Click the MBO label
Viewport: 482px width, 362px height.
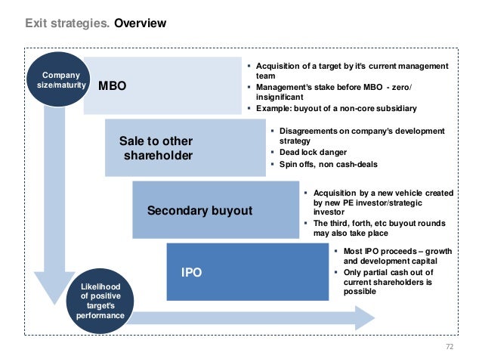[113, 86]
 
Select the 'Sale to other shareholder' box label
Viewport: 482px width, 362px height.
[157, 148]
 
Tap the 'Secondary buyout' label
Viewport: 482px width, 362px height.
[199, 210]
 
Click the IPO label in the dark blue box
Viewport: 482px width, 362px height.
[191, 271]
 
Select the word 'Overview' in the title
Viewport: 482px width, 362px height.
[140, 23]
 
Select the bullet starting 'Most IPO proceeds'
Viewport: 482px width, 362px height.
[392, 255]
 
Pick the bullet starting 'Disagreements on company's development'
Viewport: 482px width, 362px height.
[361, 136]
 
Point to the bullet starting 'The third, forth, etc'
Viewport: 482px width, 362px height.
[378, 228]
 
